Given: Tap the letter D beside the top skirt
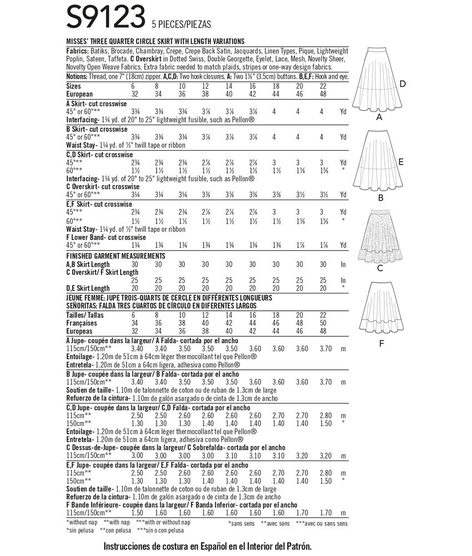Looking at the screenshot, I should click(403, 84).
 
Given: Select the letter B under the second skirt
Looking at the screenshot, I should click(381, 197).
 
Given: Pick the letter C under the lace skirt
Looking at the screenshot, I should click(380, 268).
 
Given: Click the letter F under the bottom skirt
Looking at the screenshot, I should click(381, 343).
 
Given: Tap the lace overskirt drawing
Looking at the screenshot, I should click(380, 234).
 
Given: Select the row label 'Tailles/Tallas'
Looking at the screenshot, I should click(85, 315).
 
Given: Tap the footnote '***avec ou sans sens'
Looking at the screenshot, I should click(322, 523).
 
